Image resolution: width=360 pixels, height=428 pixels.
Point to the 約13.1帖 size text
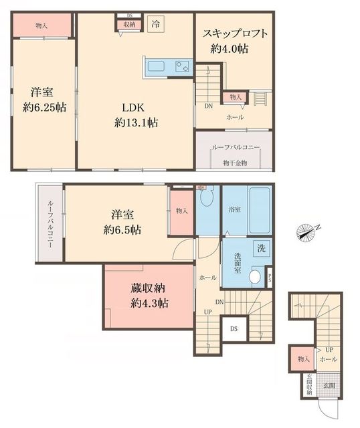coord(135,122)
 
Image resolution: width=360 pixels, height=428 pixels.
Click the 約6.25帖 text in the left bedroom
coord(42,106)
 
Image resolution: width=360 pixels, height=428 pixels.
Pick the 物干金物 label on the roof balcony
coord(235,163)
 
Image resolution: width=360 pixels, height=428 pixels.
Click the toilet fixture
coord(206,199)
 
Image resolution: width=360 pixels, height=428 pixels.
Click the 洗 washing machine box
coord(262,248)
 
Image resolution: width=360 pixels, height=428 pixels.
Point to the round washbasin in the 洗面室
coord(254,277)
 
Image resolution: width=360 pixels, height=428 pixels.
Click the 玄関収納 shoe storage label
coord(308,389)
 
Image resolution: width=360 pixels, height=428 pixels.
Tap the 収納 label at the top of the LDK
coord(128,23)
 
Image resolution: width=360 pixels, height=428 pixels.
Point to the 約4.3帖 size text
coord(149,303)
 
